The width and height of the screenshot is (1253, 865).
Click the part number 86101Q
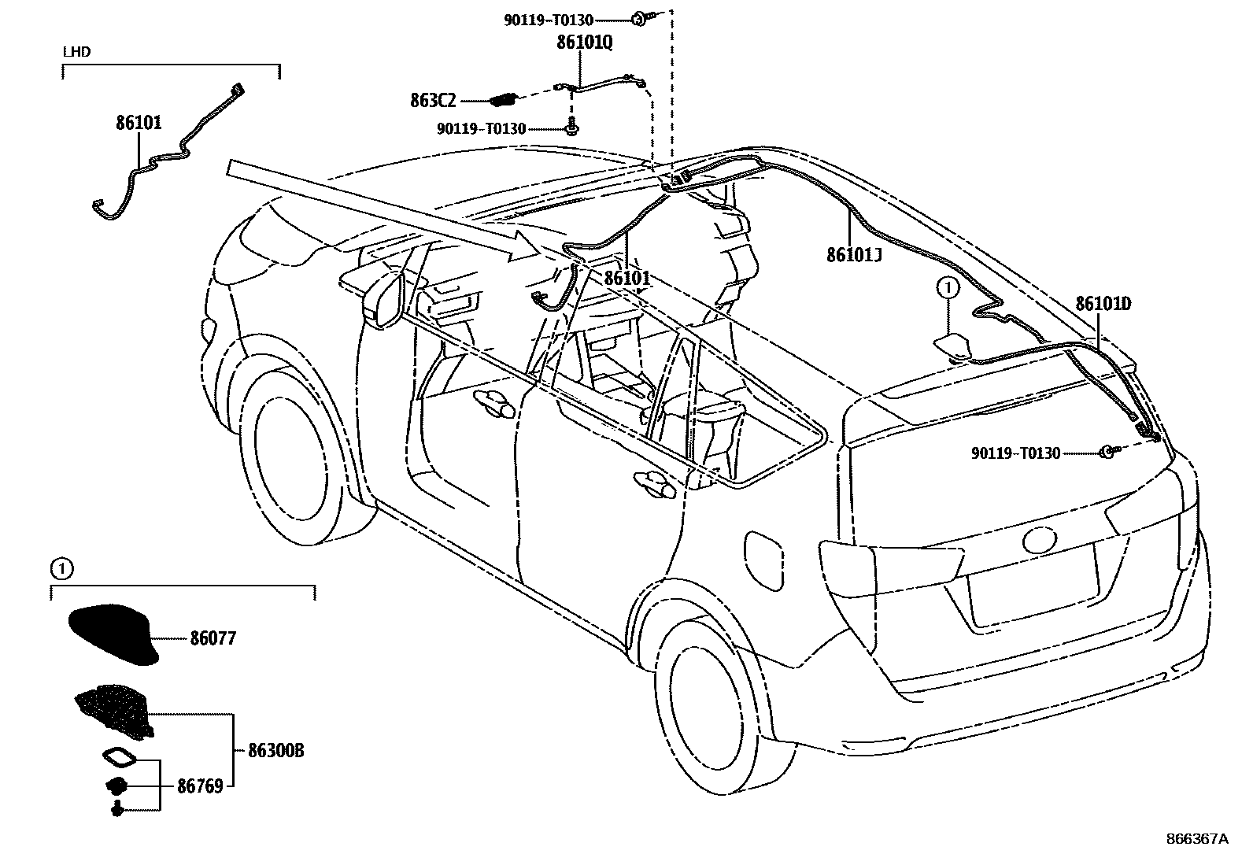[584, 43]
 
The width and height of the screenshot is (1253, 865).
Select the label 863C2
[433, 100]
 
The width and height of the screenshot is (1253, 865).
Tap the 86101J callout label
[854, 255]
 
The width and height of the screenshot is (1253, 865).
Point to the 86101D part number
[1103, 304]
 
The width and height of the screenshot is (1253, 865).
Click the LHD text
[77, 52]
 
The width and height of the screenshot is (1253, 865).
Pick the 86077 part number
[213, 639]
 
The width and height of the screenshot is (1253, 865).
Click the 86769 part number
[200, 786]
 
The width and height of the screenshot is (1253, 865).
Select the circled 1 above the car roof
[948, 289]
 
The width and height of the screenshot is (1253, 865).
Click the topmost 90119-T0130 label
[549, 20]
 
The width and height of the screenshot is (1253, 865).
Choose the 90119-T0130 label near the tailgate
[1015, 453]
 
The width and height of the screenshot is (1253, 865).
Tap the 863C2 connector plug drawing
[502, 100]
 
